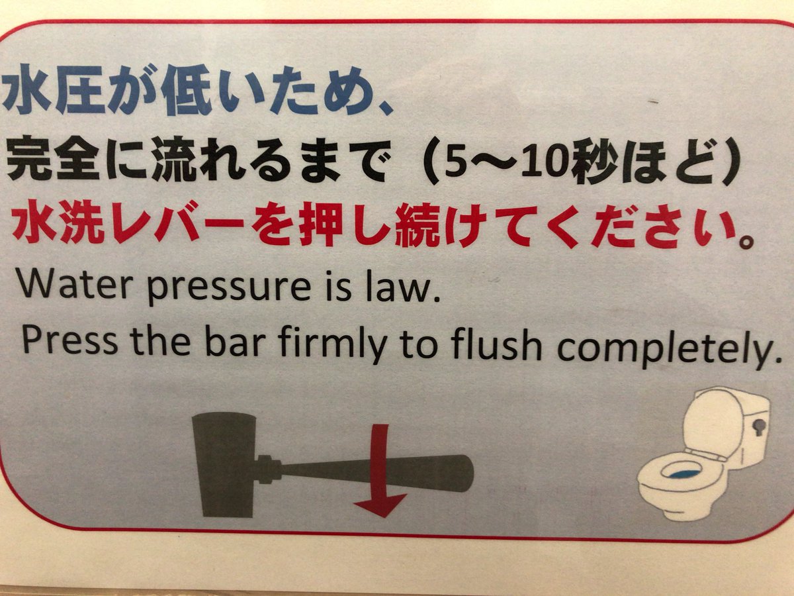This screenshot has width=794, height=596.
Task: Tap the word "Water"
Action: coord(73,285)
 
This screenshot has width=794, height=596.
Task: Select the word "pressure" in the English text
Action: coord(230,289)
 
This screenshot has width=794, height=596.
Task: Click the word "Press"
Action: coord(69,340)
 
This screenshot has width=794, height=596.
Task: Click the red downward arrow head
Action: coord(380,503)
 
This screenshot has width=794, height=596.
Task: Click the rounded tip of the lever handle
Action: coord(466,474)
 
